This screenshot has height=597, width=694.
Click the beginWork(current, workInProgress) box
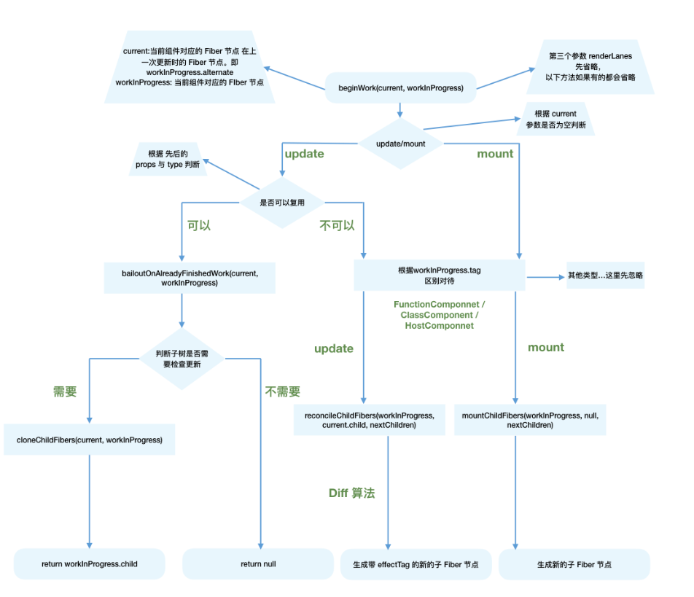pos(400,87)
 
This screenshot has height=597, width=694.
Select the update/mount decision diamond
pos(400,144)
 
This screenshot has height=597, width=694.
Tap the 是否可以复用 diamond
pos(282,202)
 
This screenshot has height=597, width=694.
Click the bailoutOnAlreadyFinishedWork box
pos(190,278)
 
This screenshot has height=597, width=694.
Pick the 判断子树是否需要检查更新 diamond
pos(182,358)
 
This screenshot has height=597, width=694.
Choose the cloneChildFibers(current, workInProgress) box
pos(89,440)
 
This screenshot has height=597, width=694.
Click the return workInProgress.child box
pos(89,564)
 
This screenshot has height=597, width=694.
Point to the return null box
pos(258,564)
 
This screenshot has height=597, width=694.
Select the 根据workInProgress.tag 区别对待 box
pos(439,276)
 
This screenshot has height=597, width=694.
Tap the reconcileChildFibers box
pos(369,420)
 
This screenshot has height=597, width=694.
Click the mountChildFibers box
pos(529,420)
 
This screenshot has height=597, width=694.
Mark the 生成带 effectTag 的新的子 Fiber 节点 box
pos(416,565)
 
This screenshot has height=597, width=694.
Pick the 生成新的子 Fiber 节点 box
pos(574,565)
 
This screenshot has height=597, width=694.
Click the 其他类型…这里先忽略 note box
pos(605,276)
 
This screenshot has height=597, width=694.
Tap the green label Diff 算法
pos(351,493)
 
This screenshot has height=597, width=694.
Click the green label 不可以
pos(337,225)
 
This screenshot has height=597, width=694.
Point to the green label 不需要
pos(283,391)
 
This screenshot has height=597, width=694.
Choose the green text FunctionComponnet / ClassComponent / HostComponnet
pos(440,314)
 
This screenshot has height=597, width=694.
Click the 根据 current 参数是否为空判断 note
pos(555,119)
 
